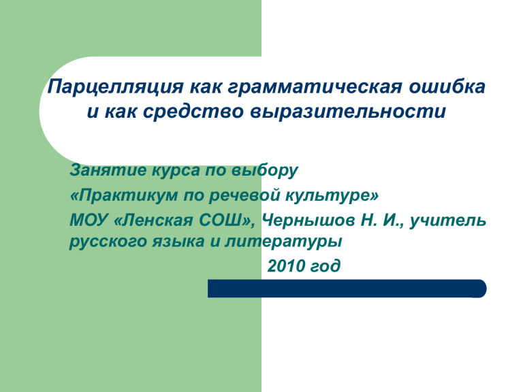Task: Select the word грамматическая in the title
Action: (x=315, y=87)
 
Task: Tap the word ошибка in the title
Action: (x=447, y=86)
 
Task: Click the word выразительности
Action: (x=348, y=112)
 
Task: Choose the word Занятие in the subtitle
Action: (x=108, y=170)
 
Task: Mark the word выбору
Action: (x=265, y=171)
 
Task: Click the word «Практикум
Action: (x=124, y=195)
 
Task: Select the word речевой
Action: (x=245, y=195)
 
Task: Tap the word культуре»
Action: (x=332, y=195)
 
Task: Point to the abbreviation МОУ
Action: (x=89, y=220)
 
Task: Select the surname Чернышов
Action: (x=308, y=220)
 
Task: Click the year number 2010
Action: (x=287, y=266)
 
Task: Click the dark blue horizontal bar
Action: (x=347, y=289)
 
